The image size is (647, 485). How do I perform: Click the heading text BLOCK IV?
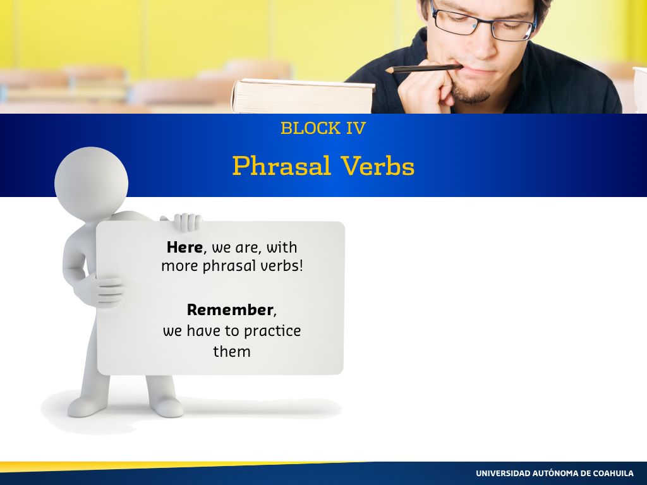(x=323, y=128)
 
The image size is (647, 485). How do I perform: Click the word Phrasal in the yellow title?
(x=282, y=166)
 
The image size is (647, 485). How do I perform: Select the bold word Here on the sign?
(x=184, y=247)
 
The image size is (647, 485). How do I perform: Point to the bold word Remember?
(x=230, y=309)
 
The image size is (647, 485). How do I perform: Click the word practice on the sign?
(x=272, y=331)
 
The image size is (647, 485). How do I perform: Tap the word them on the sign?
(x=232, y=351)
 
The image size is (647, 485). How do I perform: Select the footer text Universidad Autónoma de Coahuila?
(x=555, y=473)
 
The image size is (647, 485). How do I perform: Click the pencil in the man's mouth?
(x=423, y=68)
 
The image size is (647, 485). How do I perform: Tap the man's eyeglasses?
(x=483, y=21)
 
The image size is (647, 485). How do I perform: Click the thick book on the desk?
(x=303, y=96)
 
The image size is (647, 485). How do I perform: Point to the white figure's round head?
(x=91, y=183)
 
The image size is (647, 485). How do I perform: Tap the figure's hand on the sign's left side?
(x=101, y=290)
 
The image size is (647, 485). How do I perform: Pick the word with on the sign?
(x=281, y=247)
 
